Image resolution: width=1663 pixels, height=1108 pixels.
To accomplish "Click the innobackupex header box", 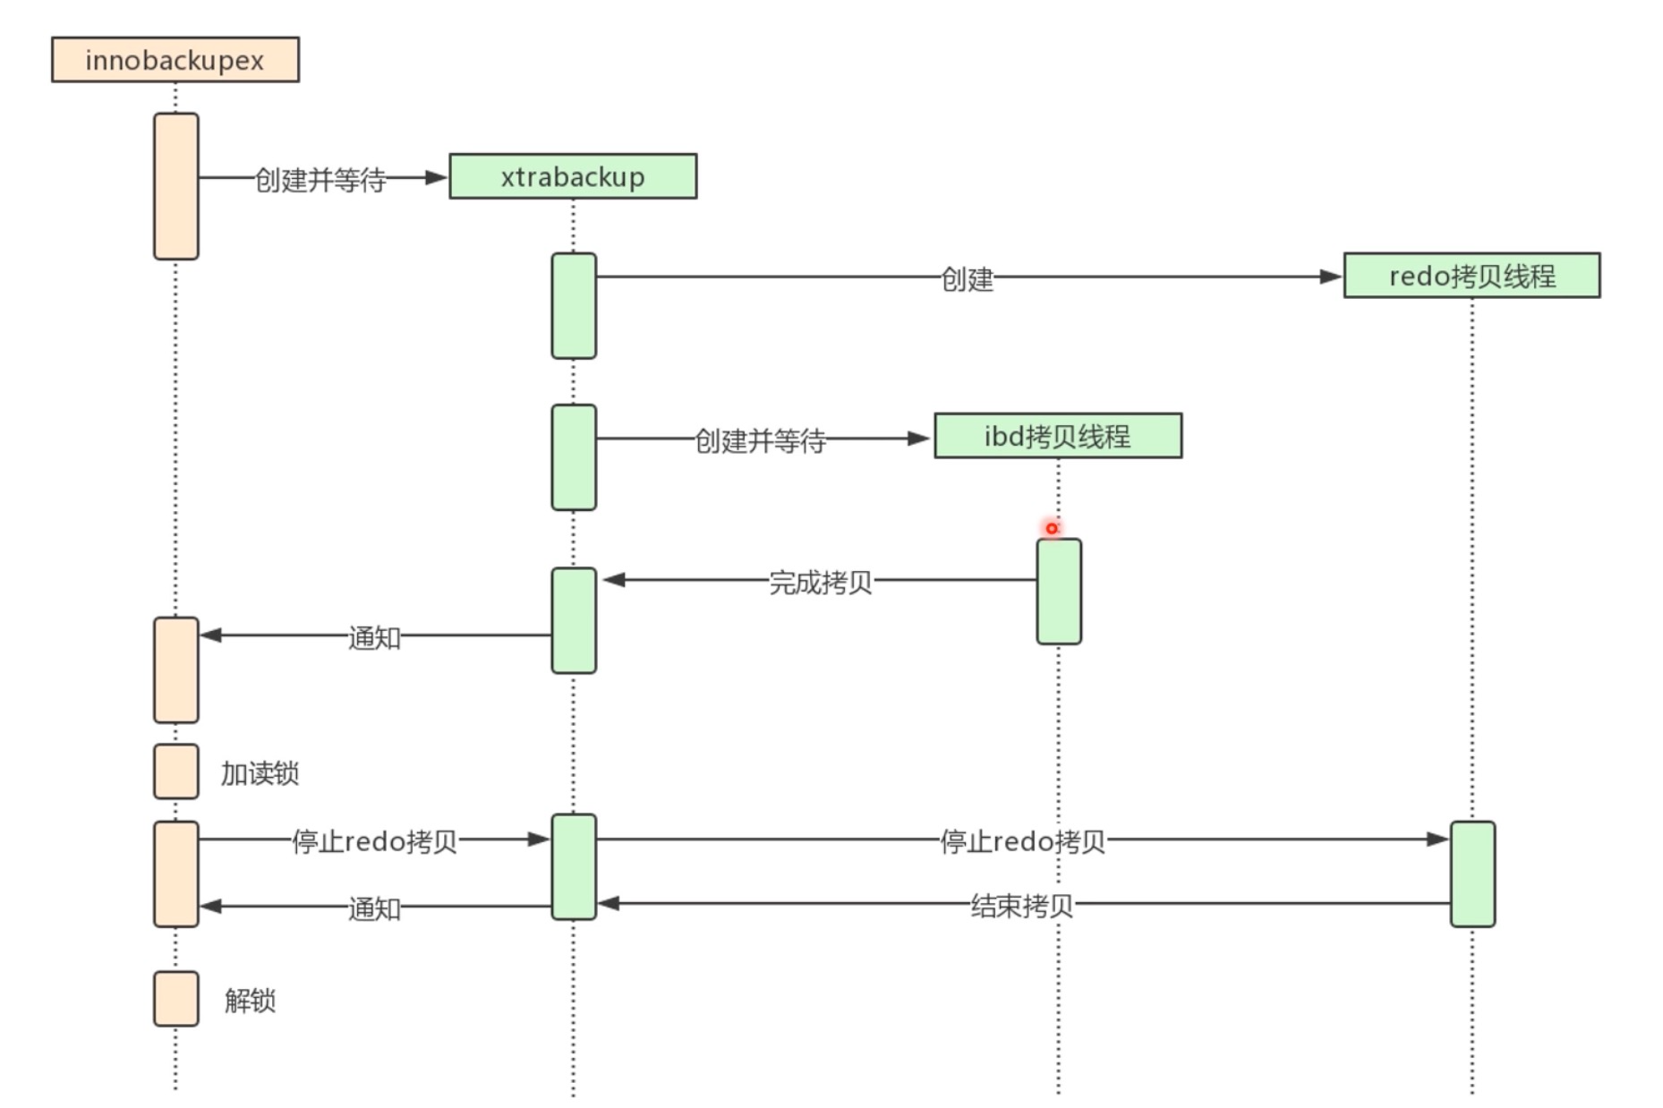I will coord(175,60).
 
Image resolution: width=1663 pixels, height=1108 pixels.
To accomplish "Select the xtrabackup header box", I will coord(573,176).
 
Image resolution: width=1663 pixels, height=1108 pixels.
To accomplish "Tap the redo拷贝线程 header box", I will coord(1471,276).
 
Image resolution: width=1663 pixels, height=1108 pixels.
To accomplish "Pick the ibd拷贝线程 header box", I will coord(1058,436).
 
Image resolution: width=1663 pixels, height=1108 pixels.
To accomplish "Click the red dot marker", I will coord(1052,528).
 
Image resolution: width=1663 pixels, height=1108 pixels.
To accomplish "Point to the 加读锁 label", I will coord(260,773).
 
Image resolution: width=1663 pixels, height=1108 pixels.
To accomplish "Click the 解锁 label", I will coord(250,1000).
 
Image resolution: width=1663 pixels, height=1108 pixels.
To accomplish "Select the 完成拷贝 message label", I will coord(820,583).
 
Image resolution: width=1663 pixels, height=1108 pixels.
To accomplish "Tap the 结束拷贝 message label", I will coord(1021,906).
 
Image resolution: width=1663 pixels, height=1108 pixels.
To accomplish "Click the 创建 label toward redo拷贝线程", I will coord(967,279).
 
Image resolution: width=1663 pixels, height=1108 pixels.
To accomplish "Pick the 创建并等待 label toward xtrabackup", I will coord(320,180).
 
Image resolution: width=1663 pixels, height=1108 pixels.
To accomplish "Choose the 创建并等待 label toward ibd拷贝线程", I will coord(760,440).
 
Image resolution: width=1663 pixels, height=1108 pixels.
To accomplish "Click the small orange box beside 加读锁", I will coord(176,771).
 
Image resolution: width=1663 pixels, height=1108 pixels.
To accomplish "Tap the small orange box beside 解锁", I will coord(176,999).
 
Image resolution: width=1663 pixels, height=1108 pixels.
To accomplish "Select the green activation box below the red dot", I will coord(1059,592).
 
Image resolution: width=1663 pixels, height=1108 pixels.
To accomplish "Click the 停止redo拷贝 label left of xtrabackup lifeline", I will coord(374,841).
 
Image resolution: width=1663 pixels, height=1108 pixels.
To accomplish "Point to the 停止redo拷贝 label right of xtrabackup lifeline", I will coord(1022,841).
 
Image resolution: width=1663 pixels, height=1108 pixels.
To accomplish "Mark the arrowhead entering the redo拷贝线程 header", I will coord(1331,277).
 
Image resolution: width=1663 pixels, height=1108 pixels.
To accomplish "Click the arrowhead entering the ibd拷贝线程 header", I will coord(918,439).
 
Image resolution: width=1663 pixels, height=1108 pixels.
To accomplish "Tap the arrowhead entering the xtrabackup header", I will coord(436,177).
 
